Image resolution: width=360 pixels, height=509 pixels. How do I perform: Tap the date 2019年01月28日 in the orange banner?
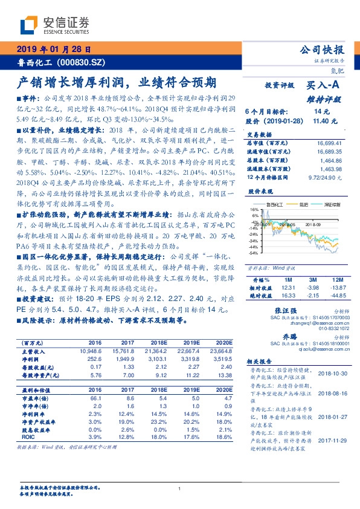(x=53, y=49)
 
